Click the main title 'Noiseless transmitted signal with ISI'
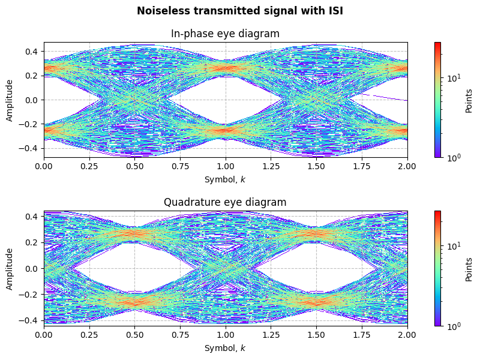point(240,11)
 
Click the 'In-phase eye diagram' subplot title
point(226,34)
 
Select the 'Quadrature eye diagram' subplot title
point(226,202)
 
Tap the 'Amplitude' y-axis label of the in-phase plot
point(10,100)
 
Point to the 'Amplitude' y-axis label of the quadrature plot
point(10,268)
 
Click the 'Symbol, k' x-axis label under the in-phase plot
point(226,179)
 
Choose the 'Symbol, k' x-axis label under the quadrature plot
point(226,348)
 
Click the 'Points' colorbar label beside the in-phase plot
point(469,100)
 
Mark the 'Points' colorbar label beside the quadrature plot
point(469,268)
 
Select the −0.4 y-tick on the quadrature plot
point(30,320)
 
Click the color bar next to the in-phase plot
point(437,100)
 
